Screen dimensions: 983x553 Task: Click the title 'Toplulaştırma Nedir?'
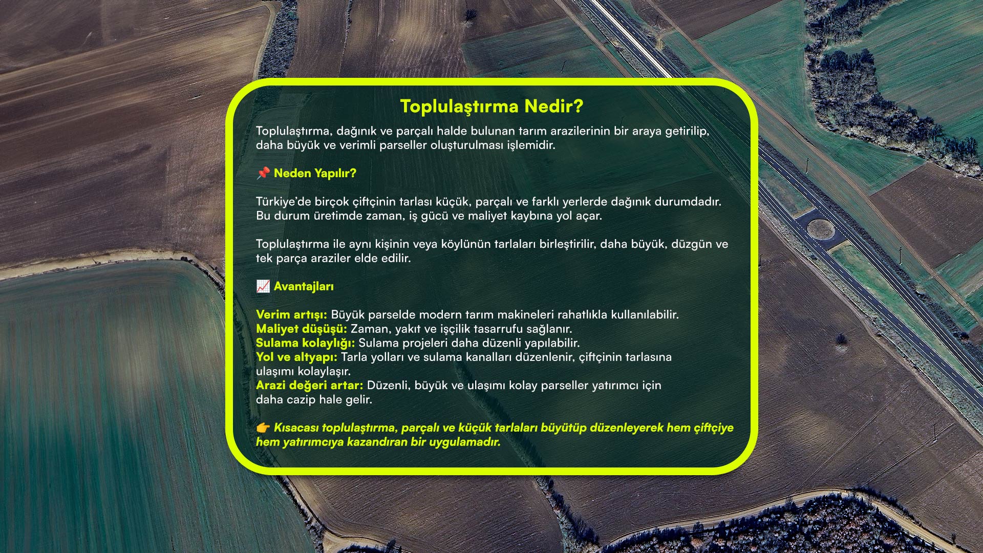click(x=491, y=106)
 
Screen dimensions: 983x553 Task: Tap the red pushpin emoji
click(x=263, y=173)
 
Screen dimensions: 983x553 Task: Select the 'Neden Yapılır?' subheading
click(x=315, y=173)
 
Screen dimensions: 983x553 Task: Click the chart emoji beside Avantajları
click(x=263, y=286)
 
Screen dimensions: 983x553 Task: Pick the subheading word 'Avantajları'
click(x=304, y=286)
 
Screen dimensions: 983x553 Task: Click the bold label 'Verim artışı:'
click(x=291, y=314)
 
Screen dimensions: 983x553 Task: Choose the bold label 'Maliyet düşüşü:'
click(x=302, y=329)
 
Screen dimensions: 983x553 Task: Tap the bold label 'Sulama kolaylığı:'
click(x=306, y=343)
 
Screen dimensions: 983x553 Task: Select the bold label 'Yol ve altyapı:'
click(x=297, y=357)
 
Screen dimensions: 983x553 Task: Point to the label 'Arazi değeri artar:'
click(x=310, y=385)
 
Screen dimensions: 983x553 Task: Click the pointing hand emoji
click(x=263, y=428)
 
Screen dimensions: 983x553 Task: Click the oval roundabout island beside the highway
click(x=821, y=229)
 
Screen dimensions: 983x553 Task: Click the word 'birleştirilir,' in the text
click(x=568, y=244)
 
